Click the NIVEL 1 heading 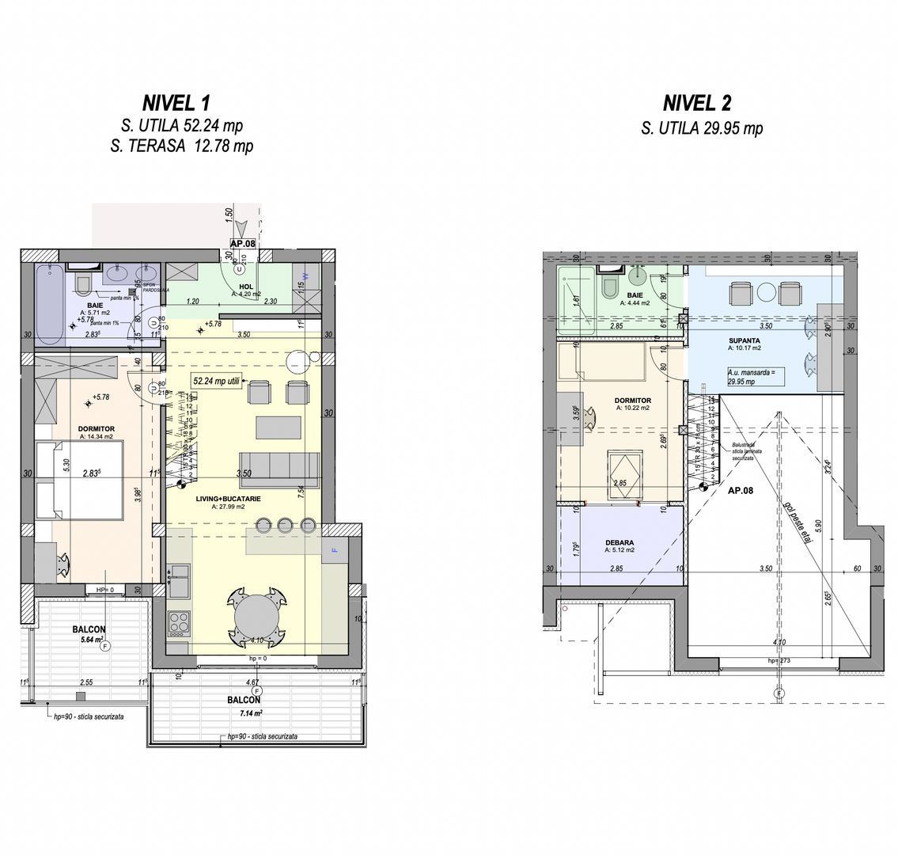(x=176, y=103)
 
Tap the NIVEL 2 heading (x=697, y=103)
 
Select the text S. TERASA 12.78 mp (x=187, y=146)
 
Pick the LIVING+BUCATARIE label (x=229, y=499)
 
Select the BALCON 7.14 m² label (x=244, y=705)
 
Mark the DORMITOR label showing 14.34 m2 (x=96, y=432)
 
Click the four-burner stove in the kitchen (x=178, y=623)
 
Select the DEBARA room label (x=619, y=545)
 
